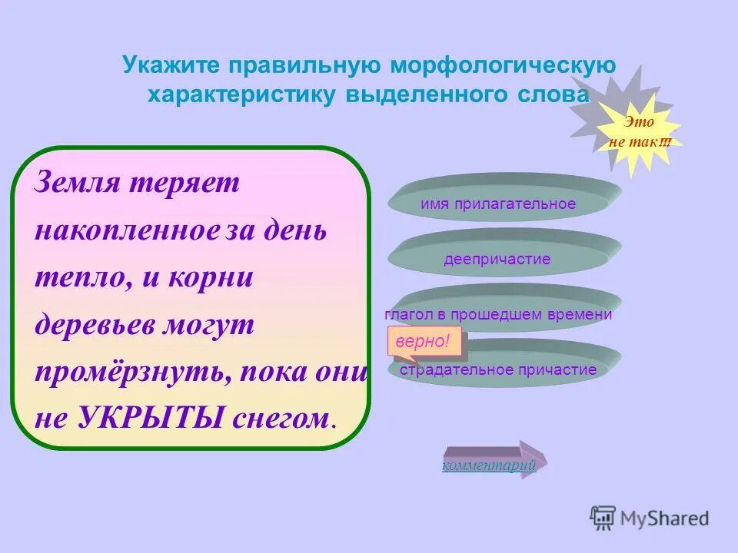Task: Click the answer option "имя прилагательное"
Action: pyautogui.click(x=498, y=204)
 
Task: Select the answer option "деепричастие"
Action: pyautogui.click(x=497, y=259)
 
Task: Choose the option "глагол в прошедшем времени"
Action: pyautogui.click(x=498, y=314)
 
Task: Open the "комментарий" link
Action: pyautogui.click(x=488, y=465)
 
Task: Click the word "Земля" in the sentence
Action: pyautogui.click(x=75, y=184)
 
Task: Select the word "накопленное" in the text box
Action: pyautogui.click(x=128, y=230)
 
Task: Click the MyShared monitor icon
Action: pyautogui.click(x=603, y=518)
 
